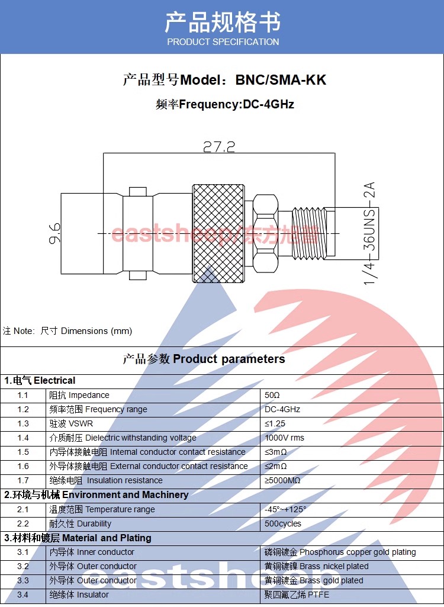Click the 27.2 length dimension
tap(219, 146)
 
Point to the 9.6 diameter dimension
tap(54, 233)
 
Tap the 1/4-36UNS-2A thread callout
tap(370, 233)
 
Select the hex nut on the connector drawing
tap(265, 233)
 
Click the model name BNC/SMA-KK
tap(281, 80)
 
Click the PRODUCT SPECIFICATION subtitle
tap(223, 42)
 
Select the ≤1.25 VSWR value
tap(275, 423)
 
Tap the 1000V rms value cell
tap(284, 438)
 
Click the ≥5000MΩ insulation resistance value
tap(282, 480)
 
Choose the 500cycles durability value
tap(282, 524)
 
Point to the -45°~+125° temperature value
tap(285, 509)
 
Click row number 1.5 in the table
tap(23, 452)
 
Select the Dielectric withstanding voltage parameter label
tap(123, 438)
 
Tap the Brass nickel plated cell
tap(316, 566)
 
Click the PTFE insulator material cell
tap(297, 595)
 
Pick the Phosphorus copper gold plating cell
tap(340, 552)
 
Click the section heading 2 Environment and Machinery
tap(96, 494)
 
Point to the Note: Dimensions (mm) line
tap(67, 331)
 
